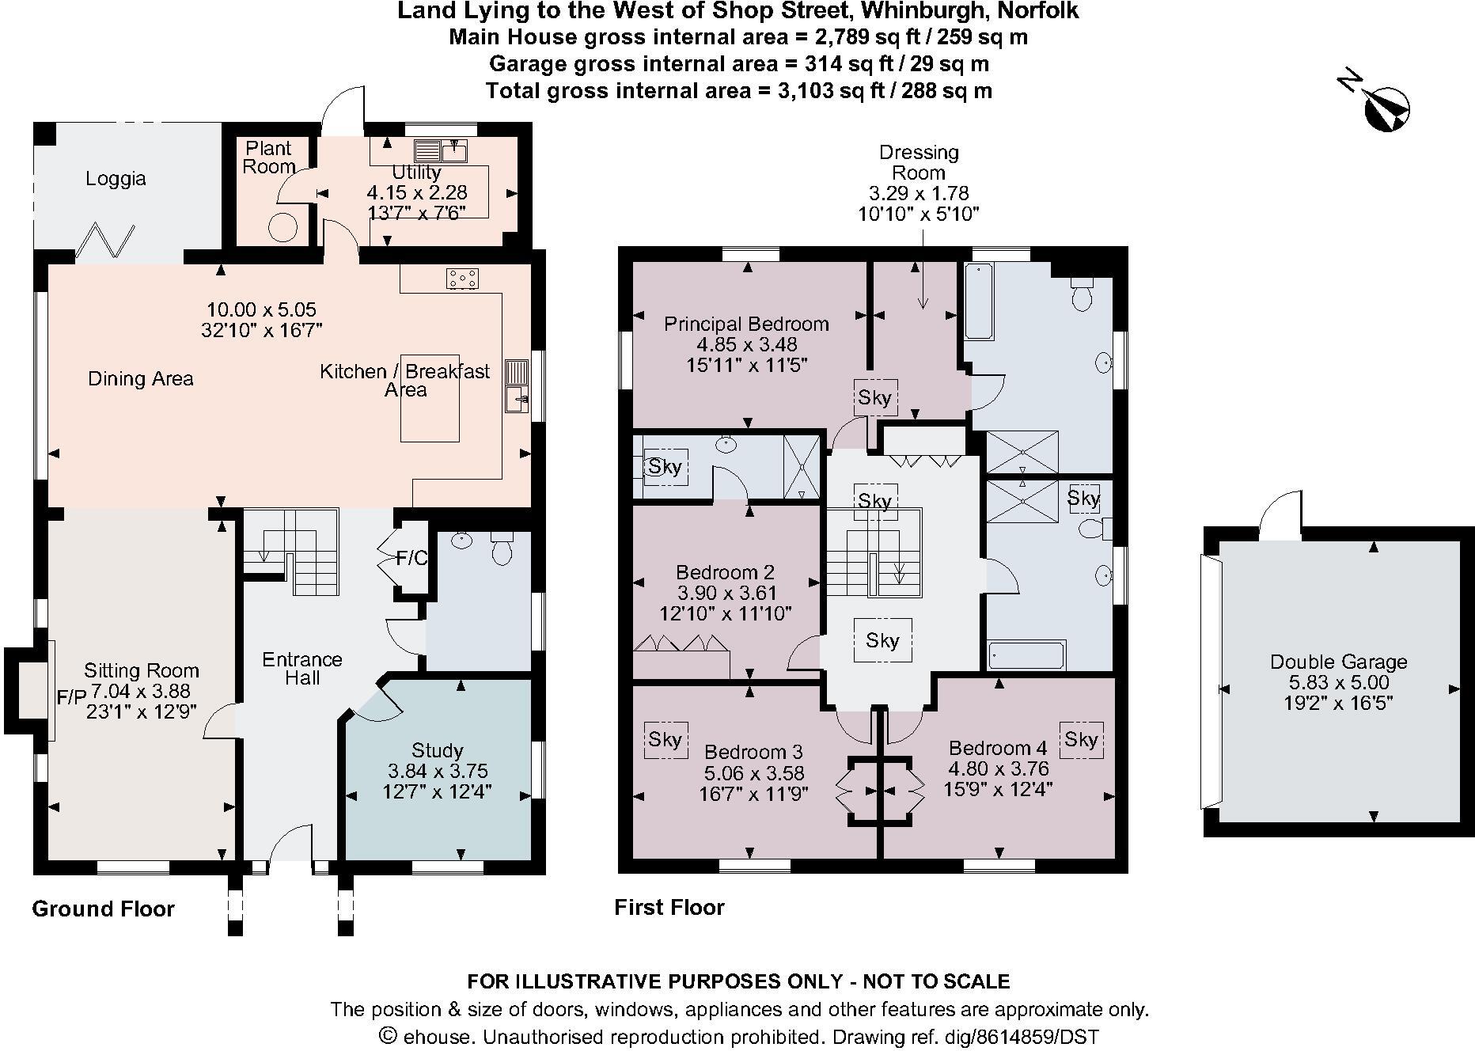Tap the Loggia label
116,179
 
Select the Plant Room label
268,157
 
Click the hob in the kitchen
462,278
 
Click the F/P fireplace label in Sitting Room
71,697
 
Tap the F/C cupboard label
411,559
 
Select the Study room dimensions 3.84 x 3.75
438,771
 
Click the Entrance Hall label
302,669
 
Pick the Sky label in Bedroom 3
665,739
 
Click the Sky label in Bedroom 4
1081,739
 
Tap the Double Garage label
1339,662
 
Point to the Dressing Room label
919,162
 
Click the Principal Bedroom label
746,324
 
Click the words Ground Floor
103,909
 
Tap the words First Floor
669,907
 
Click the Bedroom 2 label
725,572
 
